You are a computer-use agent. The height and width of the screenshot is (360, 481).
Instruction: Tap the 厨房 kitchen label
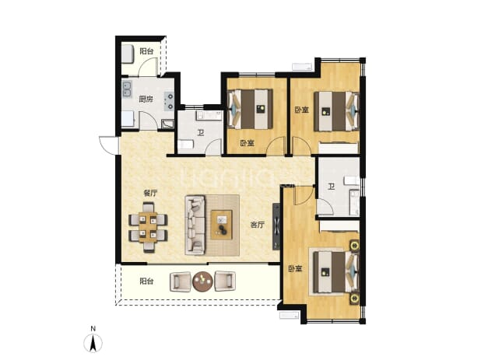(146, 99)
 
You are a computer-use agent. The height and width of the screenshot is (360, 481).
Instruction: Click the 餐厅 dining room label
(151, 193)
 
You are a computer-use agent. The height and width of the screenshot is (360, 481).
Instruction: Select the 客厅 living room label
(257, 225)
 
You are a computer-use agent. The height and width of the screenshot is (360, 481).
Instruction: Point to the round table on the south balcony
(202, 281)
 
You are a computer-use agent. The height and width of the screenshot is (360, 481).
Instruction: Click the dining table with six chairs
(149, 227)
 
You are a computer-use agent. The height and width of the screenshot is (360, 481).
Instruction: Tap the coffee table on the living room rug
(221, 224)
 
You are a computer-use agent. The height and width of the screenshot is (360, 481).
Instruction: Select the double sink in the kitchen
(127, 88)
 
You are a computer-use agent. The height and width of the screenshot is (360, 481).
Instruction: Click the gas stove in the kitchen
(169, 101)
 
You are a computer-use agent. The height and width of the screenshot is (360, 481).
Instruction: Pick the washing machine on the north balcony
(128, 54)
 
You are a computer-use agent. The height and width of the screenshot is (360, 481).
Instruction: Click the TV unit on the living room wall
(276, 226)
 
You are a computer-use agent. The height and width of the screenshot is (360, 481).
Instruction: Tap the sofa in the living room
(195, 225)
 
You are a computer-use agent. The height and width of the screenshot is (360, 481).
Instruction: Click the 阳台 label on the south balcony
(146, 281)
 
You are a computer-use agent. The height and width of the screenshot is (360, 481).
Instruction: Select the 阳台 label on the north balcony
(146, 51)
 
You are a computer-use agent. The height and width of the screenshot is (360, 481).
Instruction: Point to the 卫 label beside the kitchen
(201, 133)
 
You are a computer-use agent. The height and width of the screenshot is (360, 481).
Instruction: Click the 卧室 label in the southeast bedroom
(295, 269)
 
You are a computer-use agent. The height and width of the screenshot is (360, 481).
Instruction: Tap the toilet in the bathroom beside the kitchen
(185, 145)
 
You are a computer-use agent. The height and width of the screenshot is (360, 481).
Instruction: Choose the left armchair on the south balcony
(180, 281)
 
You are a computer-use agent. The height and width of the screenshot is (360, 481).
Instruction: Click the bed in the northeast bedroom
(337, 111)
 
